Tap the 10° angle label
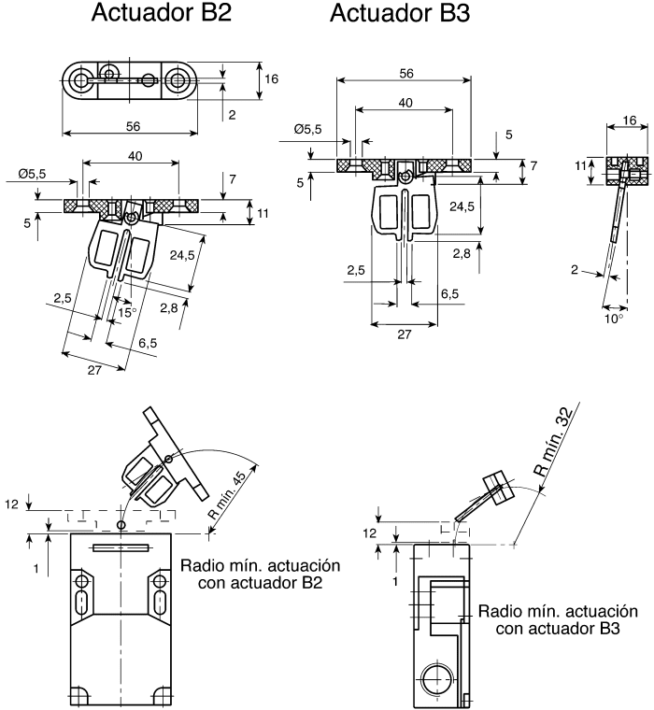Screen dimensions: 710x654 pos(614,318)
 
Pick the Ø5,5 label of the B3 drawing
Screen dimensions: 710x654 pos(307,129)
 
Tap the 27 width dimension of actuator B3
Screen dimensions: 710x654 pos(404,333)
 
